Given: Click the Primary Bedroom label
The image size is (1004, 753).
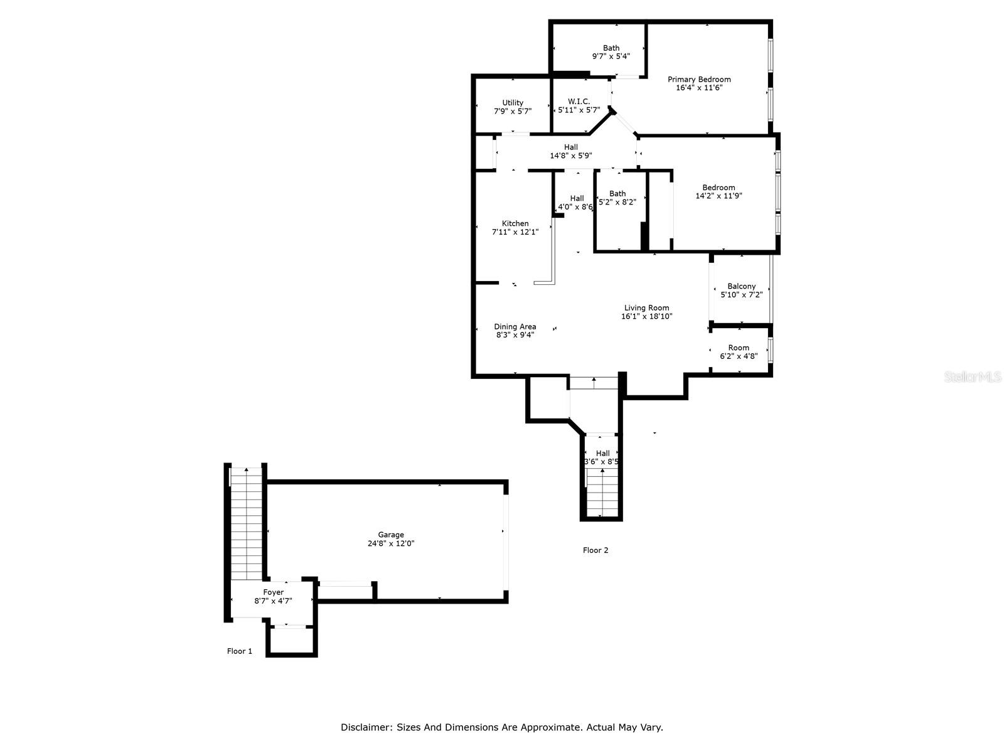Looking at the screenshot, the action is pyautogui.click(x=699, y=80).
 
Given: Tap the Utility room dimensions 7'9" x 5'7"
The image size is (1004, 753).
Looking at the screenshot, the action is pyautogui.click(x=512, y=111).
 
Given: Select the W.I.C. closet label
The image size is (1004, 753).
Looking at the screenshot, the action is pyautogui.click(x=579, y=102).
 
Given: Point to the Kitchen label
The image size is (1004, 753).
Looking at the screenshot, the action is pyautogui.click(x=515, y=223).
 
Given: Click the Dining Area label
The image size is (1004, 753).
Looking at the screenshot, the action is pyautogui.click(x=515, y=327).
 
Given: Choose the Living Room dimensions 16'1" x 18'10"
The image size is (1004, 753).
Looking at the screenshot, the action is pyautogui.click(x=646, y=316).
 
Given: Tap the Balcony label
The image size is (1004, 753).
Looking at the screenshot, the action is pyautogui.click(x=742, y=287).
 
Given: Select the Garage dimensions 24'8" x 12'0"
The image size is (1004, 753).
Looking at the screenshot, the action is pyautogui.click(x=391, y=543).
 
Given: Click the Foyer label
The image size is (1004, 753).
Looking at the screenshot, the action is pyautogui.click(x=273, y=592).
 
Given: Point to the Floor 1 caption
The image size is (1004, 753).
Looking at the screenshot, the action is pyautogui.click(x=239, y=651).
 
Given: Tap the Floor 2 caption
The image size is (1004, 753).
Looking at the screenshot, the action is pyautogui.click(x=595, y=550).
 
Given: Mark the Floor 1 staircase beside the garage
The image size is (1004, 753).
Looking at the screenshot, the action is pyautogui.click(x=246, y=523).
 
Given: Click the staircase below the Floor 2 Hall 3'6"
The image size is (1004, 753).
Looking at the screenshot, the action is pyautogui.click(x=602, y=493).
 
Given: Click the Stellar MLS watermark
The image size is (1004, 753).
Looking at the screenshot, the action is pyautogui.click(x=973, y=376).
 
